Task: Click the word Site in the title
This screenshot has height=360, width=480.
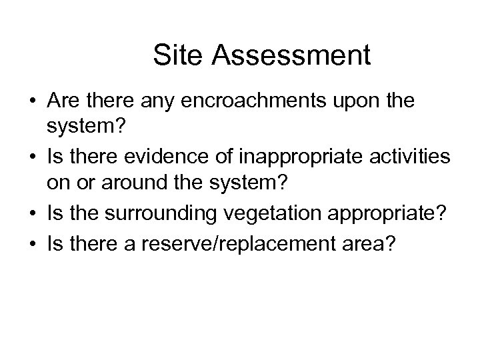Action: (x=174, y=55)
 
